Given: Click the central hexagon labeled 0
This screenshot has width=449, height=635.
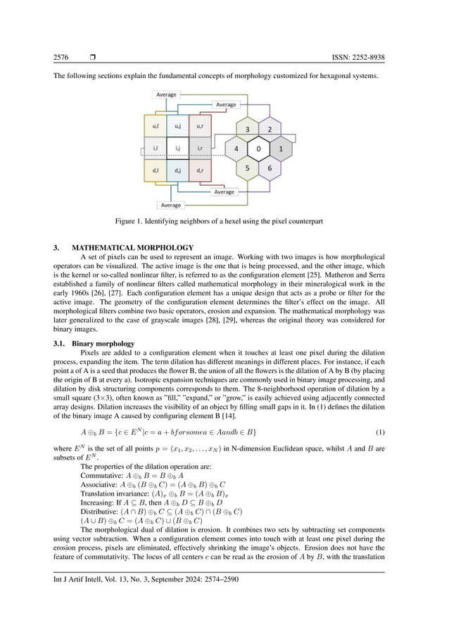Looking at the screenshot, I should [259, 149].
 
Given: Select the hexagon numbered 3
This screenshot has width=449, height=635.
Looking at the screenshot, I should [247, 130].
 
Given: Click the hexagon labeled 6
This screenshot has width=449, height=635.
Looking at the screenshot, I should [270, 169].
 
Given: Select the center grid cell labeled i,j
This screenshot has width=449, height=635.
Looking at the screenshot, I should [177, 149].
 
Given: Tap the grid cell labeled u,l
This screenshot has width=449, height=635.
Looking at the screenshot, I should [155, 127].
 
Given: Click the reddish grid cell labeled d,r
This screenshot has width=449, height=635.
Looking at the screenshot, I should [200, 170].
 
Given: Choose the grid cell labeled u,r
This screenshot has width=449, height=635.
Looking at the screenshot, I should [200, 127].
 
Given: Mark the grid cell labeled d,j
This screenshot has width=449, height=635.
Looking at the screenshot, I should [177, 170].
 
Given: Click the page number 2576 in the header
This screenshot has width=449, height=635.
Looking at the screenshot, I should [61, 57].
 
